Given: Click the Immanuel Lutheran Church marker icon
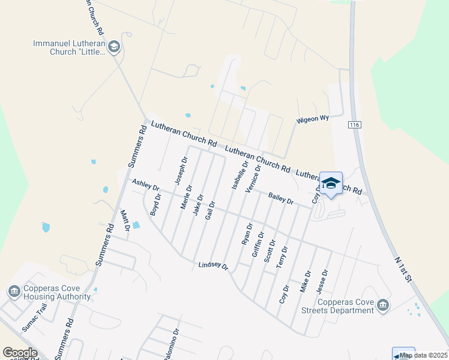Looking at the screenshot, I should tap(114, 47).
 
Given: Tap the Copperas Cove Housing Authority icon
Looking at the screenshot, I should tap(13, 292).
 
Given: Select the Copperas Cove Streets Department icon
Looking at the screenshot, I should tap(382, 307).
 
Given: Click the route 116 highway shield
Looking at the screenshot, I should tap(354, 124).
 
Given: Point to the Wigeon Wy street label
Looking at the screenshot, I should tap(313, 119).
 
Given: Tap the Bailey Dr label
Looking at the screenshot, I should tap(281, 198).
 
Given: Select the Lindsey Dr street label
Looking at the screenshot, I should tap(214, 265).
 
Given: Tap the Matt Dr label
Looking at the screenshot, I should tap(125, 220).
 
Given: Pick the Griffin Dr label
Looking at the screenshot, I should tap(258, 245).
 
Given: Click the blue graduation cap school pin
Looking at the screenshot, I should tap(331, 183).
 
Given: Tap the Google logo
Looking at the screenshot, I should tap(20, 353).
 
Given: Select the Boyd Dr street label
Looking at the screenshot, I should tap(155, 204).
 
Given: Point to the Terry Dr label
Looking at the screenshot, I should tap(282, 257).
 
